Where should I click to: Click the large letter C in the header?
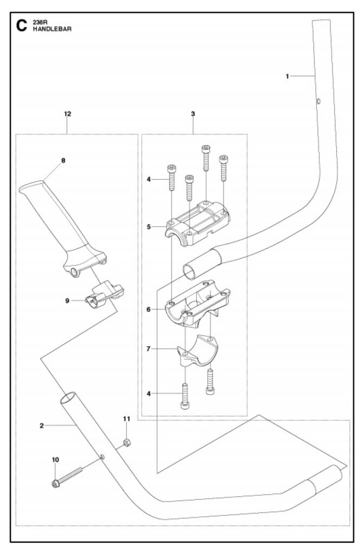coord(22,25)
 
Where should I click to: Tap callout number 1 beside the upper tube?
coord(287,77)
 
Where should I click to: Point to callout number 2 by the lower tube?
coord(41,426)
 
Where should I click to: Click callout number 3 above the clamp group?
coord(193,114)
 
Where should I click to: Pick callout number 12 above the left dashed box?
coord(67,114)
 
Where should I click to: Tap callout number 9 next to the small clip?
coord(68,300)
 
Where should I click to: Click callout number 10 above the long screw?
coord(55,460)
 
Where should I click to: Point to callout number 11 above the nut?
coord(126,419)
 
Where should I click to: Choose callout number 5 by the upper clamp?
coord(149,226)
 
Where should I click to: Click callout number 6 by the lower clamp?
coord(149,309)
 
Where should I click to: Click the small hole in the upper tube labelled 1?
coord(319,101)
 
